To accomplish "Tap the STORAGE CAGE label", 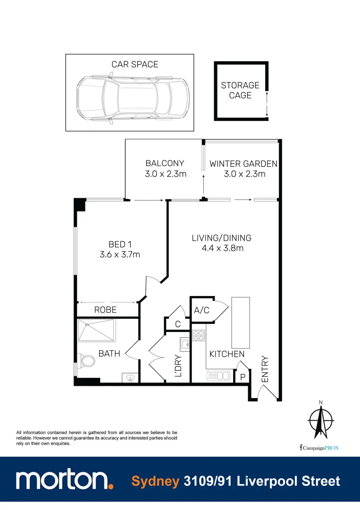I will (240, 90).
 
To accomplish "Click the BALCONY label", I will (165, 163).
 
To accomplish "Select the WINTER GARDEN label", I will (243, 164).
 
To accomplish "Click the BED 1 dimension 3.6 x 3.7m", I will (120, 255).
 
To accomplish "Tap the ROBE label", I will (105, 310).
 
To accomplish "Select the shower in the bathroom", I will (96, 330).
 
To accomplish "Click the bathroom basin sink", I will (130, 378).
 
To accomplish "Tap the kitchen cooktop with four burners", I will (199, 335).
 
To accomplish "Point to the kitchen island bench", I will (241, 322).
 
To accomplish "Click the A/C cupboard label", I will (201, 310).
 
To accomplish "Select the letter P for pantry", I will (243, 377).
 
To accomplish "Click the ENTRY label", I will (264, 370).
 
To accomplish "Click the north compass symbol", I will (321, 419).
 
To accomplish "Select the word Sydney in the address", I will (155, 481).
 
